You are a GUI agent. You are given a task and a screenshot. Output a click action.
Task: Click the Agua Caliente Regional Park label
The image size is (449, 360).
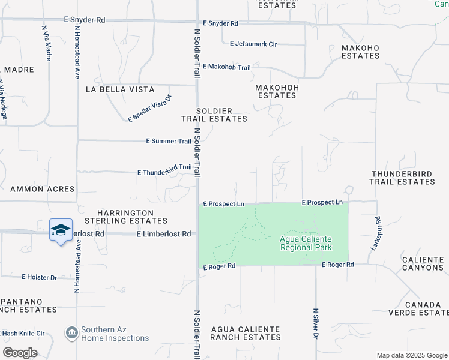click(x=306, y=243)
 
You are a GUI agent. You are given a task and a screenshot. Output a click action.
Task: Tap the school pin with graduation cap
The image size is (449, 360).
click(x=61, y=230)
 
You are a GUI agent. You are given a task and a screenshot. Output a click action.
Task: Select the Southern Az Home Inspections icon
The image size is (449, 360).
click(x=71, y=332)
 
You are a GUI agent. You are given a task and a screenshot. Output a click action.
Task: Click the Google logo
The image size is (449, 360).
click(x=20, y=353)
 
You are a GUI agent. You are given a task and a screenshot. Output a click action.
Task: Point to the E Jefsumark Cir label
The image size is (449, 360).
click(x=253, y=43)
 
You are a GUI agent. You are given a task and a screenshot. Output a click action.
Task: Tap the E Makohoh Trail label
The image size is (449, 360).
click(x=226, y=67)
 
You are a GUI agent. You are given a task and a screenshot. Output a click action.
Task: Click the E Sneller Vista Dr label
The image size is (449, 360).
click(x=150, y=108)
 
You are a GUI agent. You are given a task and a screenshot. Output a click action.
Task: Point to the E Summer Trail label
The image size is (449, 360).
click(x=169, y=141)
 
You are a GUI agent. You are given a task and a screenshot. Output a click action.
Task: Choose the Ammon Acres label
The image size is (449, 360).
click(x=42, y=189)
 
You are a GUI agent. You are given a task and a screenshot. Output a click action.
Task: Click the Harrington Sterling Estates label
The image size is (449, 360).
click(x=126, y=217)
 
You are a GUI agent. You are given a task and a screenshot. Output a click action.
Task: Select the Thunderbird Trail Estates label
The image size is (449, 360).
click(x=402, y=177)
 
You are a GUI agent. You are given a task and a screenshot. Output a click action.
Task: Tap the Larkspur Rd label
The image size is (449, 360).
click(x=375, y=233)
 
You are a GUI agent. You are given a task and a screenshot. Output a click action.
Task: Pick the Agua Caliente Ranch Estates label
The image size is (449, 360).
click(x=246, y=333)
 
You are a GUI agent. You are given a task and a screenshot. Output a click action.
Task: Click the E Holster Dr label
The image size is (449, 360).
click(x=39, y=277)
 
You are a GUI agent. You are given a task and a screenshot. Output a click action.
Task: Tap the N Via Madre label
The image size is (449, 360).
click(x=47, y=43)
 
